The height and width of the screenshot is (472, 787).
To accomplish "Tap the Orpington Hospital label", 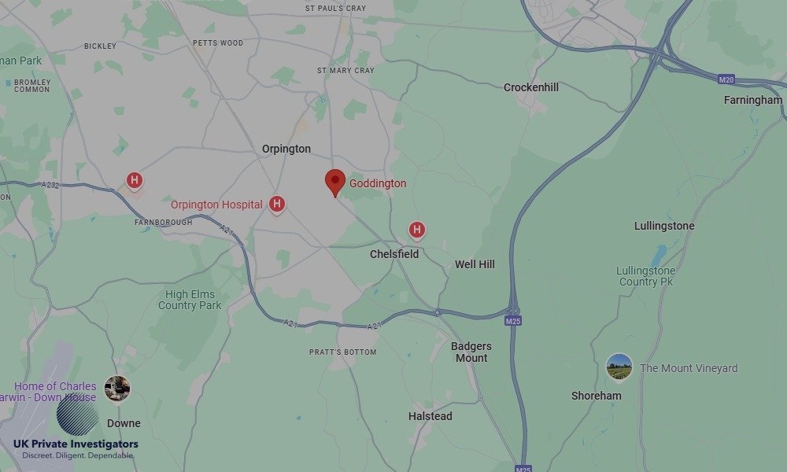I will click(x=216, y=205).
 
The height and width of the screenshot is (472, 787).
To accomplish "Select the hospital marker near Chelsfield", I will click(x=417, y=230).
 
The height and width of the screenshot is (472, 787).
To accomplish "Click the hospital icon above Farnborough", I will click(x=135, y=181).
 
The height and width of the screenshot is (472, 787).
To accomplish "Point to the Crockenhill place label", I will click(x=531, y=87).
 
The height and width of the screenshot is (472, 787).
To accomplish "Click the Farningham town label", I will click(x=753, y=100).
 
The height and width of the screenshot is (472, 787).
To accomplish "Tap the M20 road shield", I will click(x=726, y=79).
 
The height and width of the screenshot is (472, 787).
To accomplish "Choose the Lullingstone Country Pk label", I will click(x=645, y=276).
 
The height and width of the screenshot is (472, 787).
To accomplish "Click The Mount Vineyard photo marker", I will click(x=619, y=367).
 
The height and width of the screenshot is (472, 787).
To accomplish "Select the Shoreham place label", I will click(x=596, y=396).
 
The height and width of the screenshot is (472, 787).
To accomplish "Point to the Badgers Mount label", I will click(x=471, y=352).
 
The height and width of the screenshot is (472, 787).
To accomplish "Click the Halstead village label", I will click(x=430, y=415).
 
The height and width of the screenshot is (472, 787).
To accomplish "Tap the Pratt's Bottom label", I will click(x=342, y=352).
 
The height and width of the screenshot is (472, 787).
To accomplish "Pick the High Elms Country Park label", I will click(x=190, y=300).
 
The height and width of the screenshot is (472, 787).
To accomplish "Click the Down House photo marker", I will click(x=117, y=388).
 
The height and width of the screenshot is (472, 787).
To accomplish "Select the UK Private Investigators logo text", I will click(x=76, y=444).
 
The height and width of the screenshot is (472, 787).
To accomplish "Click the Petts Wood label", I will click(x=218, y=43).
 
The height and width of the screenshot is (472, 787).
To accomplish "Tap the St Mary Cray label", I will click(x=345, y=70).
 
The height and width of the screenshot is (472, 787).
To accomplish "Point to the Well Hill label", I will click(x=475, y=264).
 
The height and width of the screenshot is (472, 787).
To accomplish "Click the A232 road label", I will click(x=50, y=185).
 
